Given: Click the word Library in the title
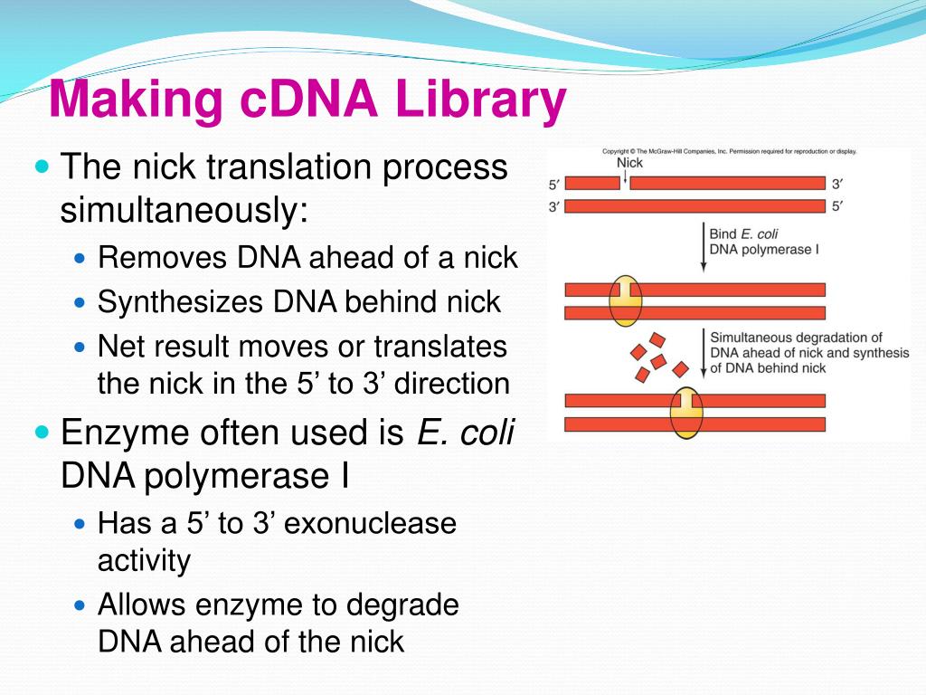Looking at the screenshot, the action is pyautogui.click(x=480, y=101).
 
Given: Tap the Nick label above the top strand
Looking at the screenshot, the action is pyautogui.click(x=629, y=163).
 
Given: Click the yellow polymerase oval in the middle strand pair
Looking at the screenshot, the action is pyautogui.click(x=625, y=301).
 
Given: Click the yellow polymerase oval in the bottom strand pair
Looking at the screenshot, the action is pyautogui.click(x=686, y=412).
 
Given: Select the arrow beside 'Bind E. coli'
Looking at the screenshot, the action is pyautogui.click(x=704, y=246).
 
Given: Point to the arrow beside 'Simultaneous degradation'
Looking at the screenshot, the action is pyautogui.click(x=703, y=351).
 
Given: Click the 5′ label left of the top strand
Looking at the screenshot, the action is pyautogui.click(x=554, y=185).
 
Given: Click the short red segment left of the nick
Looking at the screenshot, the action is pyautogui.click(x=592, y=184).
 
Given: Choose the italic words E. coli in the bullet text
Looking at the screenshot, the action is pyautogui.click(x=465, y=433).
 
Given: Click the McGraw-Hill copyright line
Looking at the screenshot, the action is pyautogui.click(x=729, y=151).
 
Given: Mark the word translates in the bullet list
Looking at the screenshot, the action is pyautogui.click(x=440, y=347).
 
